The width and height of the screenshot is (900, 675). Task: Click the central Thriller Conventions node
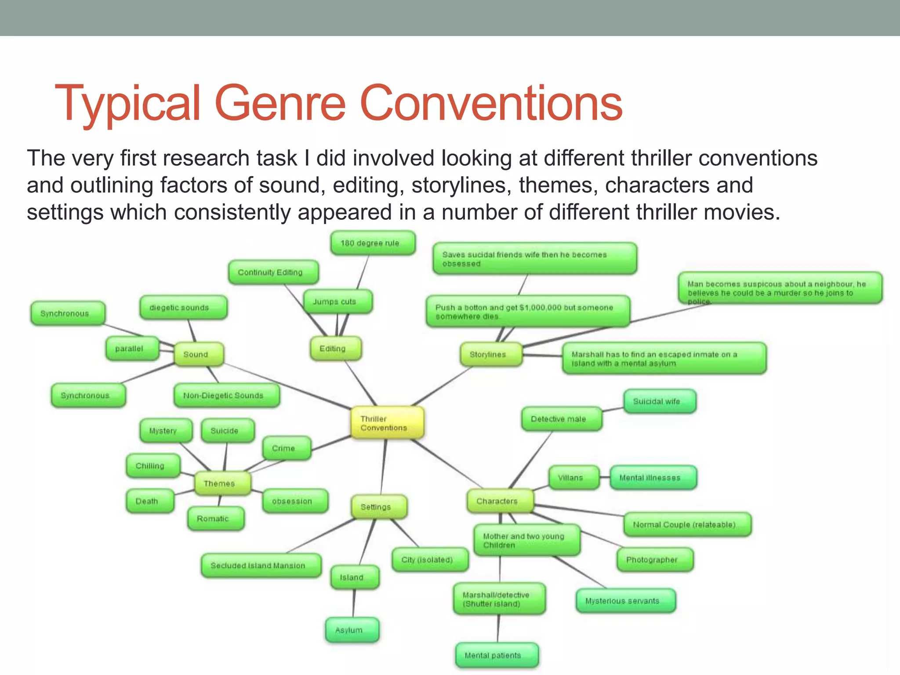[x=387, y=423]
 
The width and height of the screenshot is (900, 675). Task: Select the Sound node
[x=199, y=354]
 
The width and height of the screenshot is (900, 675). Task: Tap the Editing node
[x=336, y=348]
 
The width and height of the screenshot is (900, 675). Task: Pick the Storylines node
[x=491, y=354]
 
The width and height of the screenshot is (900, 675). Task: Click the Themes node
[x=222, y=483]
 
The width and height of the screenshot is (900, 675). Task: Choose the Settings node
[x=379, y=507]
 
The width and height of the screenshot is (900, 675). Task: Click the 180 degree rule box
[x=373, y=243]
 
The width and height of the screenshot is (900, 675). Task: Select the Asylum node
[x=352, y=630]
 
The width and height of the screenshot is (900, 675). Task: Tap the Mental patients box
[x=497, y=655]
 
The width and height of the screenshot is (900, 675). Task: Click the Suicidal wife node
[x=660, y=401]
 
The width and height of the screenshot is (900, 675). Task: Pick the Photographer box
[x=655, y=559]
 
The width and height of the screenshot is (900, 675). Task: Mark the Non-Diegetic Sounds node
[x=226, y=396]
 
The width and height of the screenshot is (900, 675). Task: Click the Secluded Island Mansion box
[x=261, y=566]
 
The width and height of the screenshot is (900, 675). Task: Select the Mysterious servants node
[x=625, y=601]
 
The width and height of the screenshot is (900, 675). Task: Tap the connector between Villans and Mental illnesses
[x=605, y=478]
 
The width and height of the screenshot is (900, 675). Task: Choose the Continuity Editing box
[x=273, y=272]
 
